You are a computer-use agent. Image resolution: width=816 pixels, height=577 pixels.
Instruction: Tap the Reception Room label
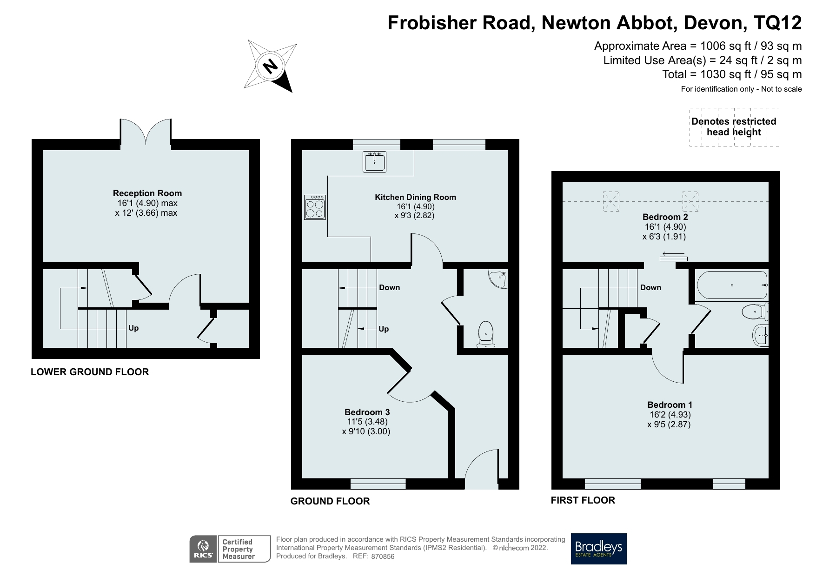point(147,193)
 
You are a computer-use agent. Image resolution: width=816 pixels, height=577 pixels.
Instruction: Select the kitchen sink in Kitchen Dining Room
point(374,162)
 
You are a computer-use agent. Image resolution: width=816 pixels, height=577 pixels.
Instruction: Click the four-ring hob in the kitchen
point(315,207)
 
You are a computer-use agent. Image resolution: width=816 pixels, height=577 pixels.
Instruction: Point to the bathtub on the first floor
point(731,285)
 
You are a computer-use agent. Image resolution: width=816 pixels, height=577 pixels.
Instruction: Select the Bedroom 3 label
point(367,412)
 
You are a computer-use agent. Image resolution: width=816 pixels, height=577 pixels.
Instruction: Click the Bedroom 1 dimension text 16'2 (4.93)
point(670,415)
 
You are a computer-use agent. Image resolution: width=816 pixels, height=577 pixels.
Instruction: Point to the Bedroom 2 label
point(665,217)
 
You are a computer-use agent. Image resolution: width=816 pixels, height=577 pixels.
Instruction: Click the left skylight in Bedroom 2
point(611,202)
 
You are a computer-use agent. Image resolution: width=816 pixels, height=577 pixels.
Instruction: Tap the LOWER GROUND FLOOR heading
point(90,372)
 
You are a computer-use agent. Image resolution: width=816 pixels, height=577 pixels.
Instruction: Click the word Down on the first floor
point(650,287)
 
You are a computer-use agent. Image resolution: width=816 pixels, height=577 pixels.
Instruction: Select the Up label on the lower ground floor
point(133,328)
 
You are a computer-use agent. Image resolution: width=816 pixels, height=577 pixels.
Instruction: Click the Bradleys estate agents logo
point(598,549)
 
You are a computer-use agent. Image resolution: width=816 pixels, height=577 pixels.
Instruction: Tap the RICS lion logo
point(203,549)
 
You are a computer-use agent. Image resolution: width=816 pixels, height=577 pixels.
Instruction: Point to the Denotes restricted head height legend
point(734,127)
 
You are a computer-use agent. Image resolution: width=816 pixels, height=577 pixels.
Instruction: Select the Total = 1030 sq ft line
point(732,74)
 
